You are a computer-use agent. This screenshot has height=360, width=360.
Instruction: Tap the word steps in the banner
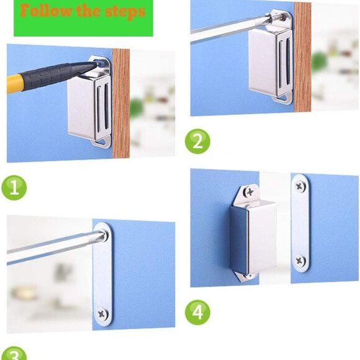click(124, 11)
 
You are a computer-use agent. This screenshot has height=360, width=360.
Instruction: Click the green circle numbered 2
click(197, 142)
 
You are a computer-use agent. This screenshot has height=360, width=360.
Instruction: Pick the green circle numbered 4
click(197, 312)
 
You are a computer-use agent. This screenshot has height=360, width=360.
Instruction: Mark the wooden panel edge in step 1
click(120, 106)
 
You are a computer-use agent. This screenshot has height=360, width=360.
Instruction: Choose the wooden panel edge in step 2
click(302, 56)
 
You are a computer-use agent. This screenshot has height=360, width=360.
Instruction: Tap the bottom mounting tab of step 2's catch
click(284, 97)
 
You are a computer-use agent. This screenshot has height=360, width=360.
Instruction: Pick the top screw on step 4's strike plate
click(300, 186)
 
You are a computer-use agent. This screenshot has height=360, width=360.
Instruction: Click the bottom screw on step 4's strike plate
click(300, 261)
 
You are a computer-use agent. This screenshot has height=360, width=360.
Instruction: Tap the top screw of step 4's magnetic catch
click(249, 193)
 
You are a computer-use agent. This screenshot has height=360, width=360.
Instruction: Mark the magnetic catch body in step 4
click(252, 236)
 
